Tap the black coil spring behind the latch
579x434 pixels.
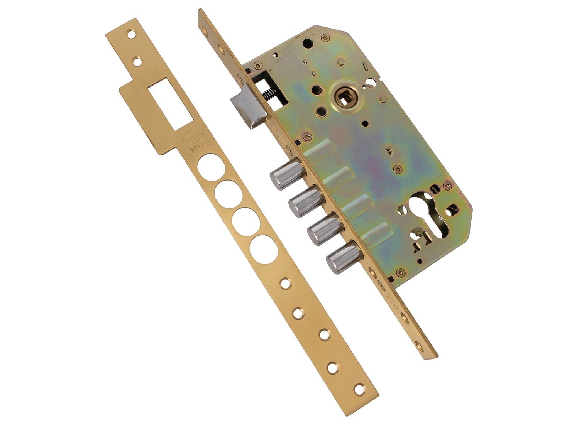pyautogui.click(x=269, y=95)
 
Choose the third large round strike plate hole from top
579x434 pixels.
pyautogui.click(x=244, y=220)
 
